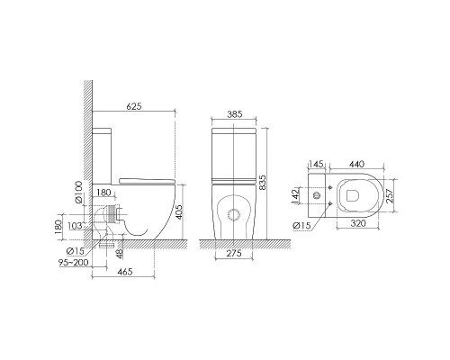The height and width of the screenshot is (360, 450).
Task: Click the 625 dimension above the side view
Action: tap(134, 106)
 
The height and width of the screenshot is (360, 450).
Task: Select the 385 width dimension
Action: tap(234, 114)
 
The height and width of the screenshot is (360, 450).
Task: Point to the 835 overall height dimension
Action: tap(262, 183)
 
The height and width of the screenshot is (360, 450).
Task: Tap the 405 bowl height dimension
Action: tap(178, 212)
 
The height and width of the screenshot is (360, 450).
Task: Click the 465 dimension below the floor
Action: tap(125, 272)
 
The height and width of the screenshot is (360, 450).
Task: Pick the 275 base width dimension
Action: tap(234, 254)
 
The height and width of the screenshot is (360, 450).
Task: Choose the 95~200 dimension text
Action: tap(74, 263)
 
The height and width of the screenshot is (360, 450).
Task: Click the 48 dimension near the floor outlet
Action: tap(120, 254)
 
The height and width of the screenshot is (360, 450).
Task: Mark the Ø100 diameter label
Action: tap(78, 193)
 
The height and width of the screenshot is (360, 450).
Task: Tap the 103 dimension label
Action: tap(75, 226)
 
